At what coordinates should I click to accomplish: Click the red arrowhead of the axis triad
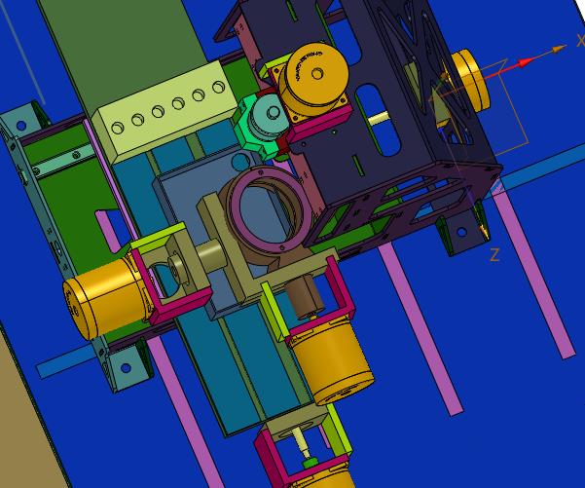[525, 62]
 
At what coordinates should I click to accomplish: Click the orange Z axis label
[494, 255]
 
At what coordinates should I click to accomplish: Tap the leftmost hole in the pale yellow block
[118, 128]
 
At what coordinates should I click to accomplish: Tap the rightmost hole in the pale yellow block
[218, 88]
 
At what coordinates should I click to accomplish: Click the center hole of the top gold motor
[317, 74]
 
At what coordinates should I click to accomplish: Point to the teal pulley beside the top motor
[270, 114]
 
